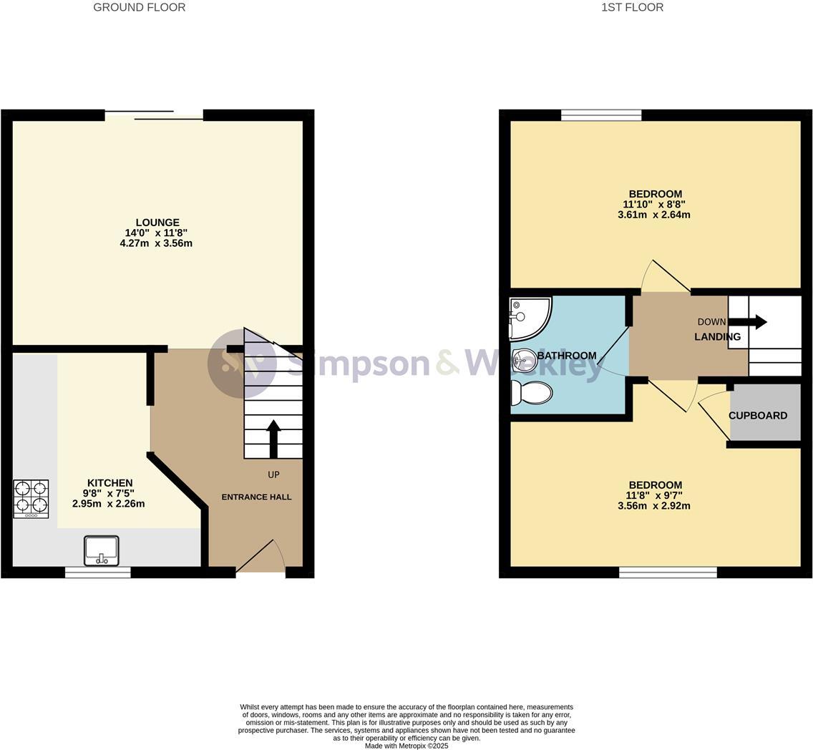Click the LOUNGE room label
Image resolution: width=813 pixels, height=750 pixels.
157,223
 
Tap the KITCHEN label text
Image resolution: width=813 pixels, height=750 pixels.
110,483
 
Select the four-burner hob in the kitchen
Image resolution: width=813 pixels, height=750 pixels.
31,499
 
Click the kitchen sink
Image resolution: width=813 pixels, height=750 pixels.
101,550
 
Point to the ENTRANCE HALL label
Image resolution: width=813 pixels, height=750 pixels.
257,497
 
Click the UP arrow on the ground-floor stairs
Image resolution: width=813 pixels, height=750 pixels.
273,439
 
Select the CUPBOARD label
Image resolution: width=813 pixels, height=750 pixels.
758,416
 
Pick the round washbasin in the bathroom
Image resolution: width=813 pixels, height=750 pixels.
525,357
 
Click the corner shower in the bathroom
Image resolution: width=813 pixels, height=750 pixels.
530,318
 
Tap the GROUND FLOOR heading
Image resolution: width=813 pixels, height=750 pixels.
140,7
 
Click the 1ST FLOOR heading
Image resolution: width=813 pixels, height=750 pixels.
633,7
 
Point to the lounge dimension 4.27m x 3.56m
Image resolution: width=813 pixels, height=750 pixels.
156,243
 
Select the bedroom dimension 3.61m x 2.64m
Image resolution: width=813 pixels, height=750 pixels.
654,215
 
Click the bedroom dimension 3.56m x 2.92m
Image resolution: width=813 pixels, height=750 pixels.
654,506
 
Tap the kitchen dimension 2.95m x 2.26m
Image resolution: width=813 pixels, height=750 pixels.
108,503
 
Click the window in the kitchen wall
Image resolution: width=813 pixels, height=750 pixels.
97,573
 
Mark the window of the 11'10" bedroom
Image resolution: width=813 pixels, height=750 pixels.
601,115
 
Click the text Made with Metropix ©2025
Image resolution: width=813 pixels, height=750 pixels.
406,746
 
